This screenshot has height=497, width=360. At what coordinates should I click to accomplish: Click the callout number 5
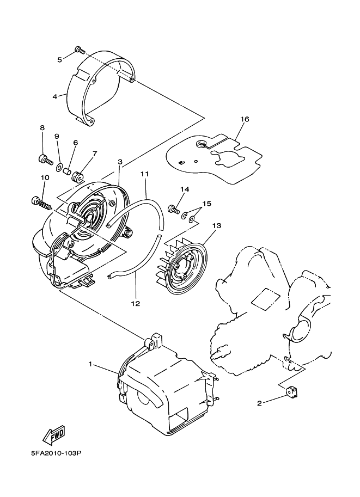(59, 59)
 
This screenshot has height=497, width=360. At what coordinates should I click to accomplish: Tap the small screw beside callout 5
(79, 50)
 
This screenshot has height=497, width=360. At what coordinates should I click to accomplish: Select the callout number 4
(55, 96)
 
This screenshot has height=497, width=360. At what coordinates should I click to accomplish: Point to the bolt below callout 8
(43, 159)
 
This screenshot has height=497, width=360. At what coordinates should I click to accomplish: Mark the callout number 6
(75, 143)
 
